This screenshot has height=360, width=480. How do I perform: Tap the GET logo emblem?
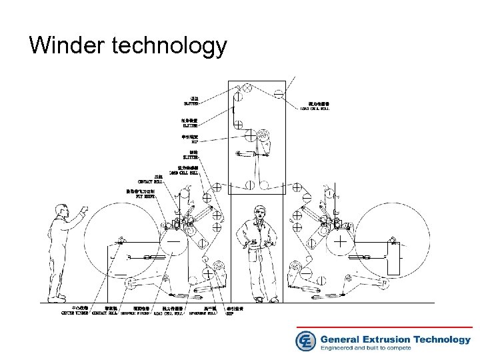coord(305,341)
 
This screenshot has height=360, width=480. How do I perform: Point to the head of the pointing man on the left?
coord(63,209)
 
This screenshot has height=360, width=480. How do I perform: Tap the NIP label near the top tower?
coord(193,141)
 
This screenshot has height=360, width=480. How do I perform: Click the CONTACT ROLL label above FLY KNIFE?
coord(149,181)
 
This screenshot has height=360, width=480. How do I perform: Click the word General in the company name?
coord(342,339)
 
